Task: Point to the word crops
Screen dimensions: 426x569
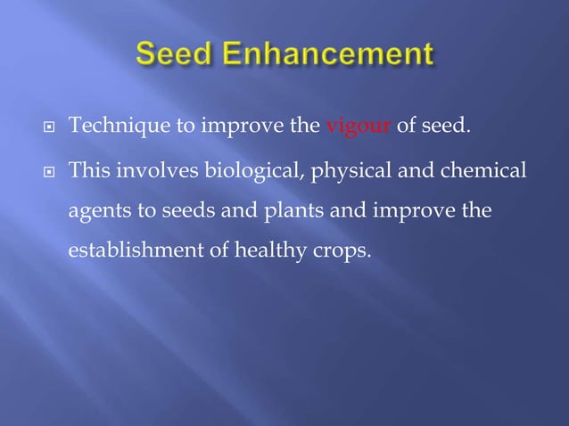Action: [336, 252]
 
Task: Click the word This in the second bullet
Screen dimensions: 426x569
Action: [88, 169]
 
